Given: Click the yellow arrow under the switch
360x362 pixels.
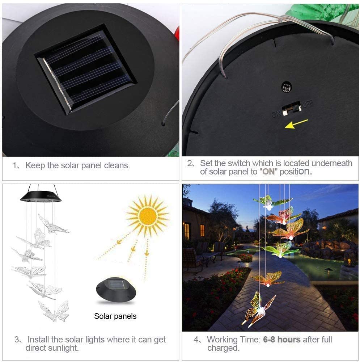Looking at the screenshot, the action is click(296, 123).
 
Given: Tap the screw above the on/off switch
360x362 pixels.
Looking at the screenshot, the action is click(287, 87).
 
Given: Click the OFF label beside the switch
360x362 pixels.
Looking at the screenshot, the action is click(308, 104).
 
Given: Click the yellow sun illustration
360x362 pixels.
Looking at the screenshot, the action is click(148, 216).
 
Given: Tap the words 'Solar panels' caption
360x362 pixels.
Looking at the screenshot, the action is click(115, 316).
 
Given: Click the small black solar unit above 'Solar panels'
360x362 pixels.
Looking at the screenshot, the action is click(116, 290).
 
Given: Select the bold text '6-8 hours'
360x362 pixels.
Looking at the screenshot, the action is click(282, 340).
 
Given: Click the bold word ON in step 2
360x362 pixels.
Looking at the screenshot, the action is click(268, 172).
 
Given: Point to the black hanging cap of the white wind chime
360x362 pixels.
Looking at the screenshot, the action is click(41, 196).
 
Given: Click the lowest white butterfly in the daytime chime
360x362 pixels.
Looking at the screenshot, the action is click(54, 311).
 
